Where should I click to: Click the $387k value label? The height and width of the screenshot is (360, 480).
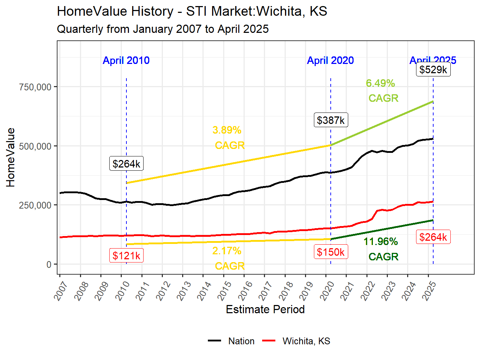coord(331,120)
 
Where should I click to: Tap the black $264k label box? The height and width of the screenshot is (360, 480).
coord(126,164)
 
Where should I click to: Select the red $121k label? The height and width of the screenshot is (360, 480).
coord(126,256)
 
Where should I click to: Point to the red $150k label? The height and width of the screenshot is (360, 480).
coord(331,252)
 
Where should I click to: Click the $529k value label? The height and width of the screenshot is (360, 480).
coord(433,70)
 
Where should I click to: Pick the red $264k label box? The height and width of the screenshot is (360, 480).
coord(433,237)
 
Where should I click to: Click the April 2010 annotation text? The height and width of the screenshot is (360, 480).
coord(126,60)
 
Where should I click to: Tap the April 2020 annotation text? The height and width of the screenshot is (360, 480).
coord(330,60)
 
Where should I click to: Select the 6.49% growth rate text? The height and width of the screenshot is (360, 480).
coord(380,83)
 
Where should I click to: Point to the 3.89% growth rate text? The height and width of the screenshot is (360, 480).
coord(227,130)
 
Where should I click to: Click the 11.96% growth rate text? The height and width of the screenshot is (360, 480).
coord(381,242)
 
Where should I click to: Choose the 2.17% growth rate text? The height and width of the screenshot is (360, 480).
coord(227,251)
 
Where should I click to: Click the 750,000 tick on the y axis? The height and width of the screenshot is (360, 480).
coord(35,87)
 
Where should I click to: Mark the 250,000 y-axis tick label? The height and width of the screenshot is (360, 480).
coord(35,205)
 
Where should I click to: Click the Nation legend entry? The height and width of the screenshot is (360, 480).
coord(241,341)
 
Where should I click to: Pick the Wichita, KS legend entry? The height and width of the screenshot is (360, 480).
coord(306,341)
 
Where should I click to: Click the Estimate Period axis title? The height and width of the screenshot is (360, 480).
coord(265,309)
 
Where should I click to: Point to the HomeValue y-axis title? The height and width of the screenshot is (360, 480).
coord(11,157)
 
